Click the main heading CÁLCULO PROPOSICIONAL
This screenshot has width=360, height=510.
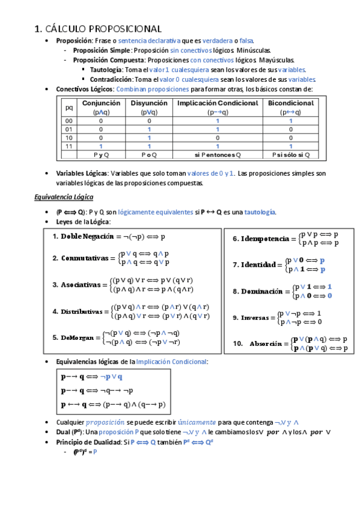tap(98, 28)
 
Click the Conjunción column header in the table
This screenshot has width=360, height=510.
tap(101, 103)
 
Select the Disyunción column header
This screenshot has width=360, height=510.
tap(148, 103)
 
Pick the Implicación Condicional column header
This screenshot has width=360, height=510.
tap(217, 103)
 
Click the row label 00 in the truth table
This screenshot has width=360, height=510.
tap(69, 121)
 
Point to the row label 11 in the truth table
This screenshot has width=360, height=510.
tap(69, 146)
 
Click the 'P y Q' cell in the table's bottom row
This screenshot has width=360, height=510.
tap(101, 155)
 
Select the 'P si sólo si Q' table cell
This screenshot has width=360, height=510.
tap(291, 155)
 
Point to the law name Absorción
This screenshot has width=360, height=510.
tap(265, 344)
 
